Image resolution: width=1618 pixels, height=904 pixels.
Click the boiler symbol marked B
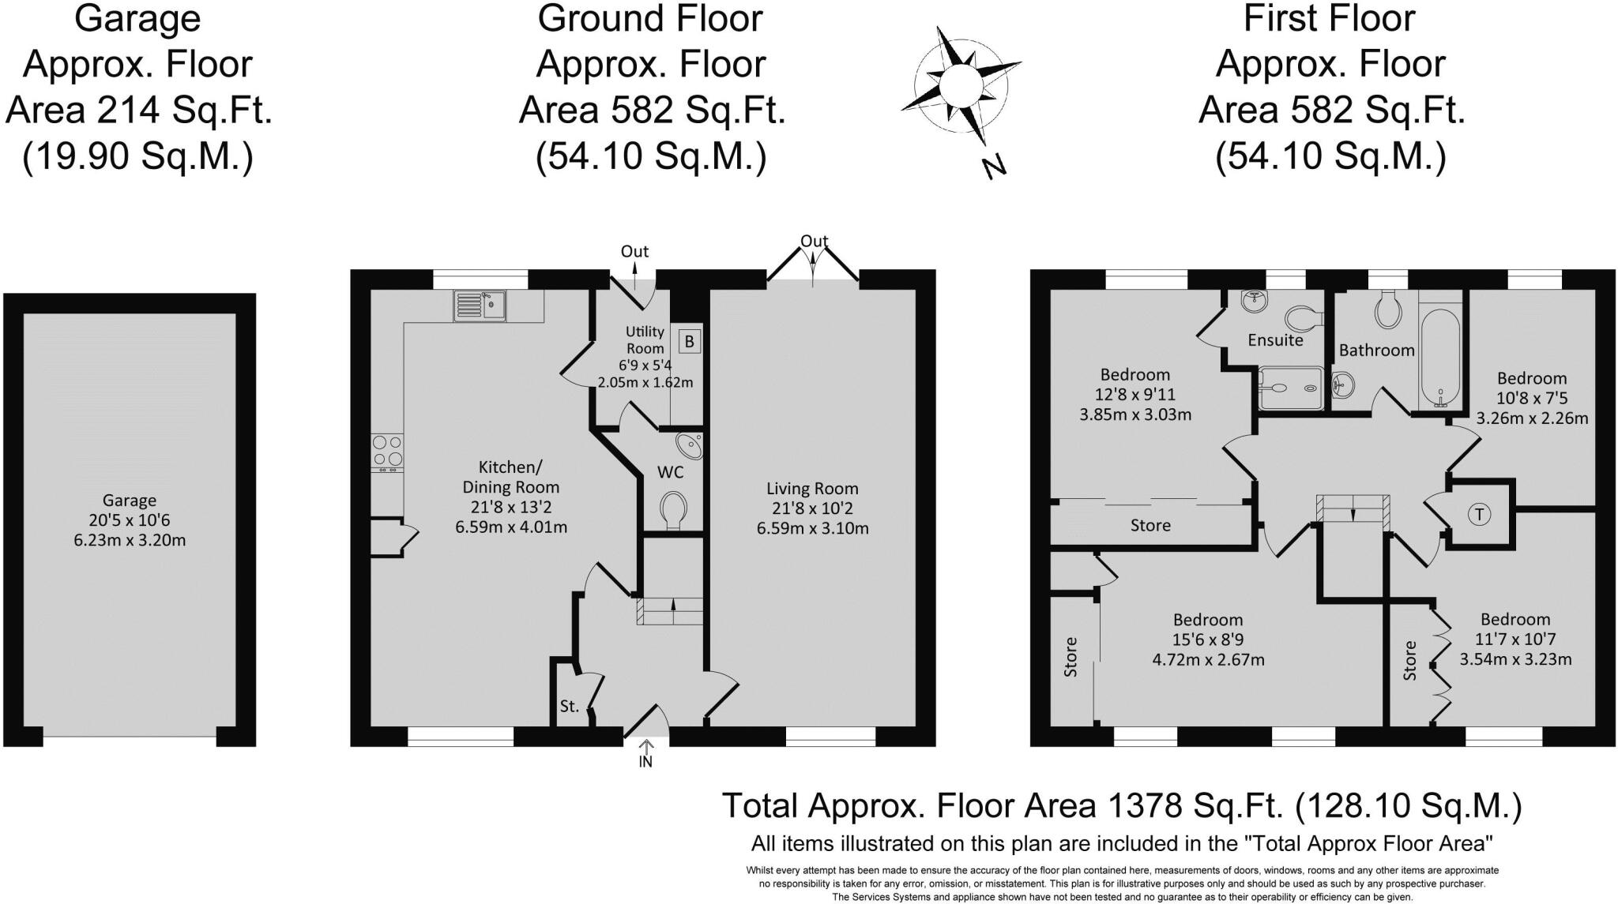tap(689, 342)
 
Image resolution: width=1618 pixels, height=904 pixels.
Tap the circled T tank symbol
tap(1479, 515)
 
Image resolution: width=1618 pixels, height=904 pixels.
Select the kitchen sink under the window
tap(480, 306)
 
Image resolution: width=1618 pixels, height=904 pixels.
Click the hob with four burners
tap(387, 452)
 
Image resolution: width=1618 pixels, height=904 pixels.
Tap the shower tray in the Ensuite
tap(1289, 388)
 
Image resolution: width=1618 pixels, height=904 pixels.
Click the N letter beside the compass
tap(995, 167)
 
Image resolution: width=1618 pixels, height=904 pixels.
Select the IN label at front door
tap(645, 762)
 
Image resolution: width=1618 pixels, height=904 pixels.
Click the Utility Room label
tap(645, 339)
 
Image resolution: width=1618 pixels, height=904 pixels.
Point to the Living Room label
tap(812, 489)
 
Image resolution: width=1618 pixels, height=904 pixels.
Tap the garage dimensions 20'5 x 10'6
tap(129, 520)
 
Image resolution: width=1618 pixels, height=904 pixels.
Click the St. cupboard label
tap(570, 707)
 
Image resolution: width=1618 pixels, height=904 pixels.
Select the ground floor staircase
tap(671, 610)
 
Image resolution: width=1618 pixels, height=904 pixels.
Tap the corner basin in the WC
tap(691, 446)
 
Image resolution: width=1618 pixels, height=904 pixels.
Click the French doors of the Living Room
tap(813, 263)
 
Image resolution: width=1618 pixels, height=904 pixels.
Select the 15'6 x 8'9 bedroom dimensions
tap(1208, 640)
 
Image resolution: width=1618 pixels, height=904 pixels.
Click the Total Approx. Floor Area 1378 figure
tap(1121, 805)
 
